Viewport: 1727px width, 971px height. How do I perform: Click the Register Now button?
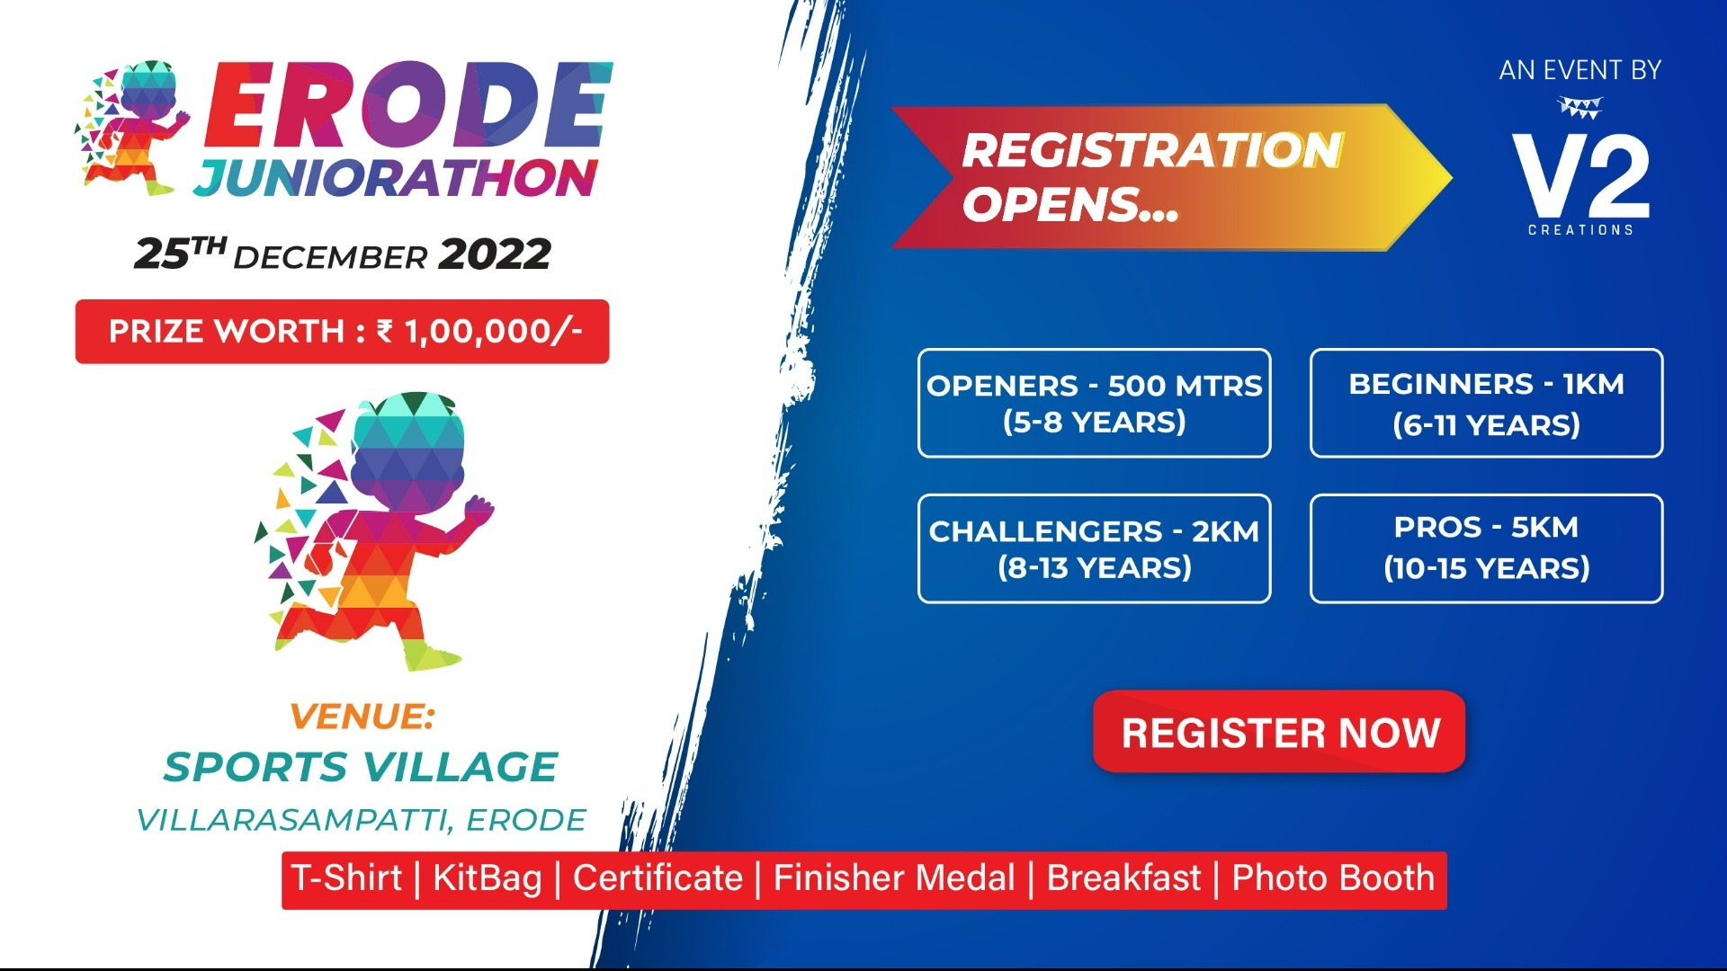click(1279, 732)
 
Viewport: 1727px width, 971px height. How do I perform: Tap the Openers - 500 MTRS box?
click(1094, 403)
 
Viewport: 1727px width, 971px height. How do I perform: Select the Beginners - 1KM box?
click(1486, 403)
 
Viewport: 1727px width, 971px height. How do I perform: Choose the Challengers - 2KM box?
click(1094, 548)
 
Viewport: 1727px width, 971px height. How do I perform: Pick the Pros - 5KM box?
click(1486, 548)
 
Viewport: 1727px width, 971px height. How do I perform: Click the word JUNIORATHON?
click(396, 178)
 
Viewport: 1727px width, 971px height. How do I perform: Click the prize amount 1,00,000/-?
click(493, 332)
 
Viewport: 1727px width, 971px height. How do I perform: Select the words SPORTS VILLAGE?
click(361, 767)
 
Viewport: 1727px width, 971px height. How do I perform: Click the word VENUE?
click(362, 717)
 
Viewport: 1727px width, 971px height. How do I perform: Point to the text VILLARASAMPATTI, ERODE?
click(361, 820)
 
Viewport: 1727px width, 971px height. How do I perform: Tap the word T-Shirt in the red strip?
click(347, 877)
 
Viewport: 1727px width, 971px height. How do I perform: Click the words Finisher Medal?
click(894, 877)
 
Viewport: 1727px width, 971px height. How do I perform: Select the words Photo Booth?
click(1333, 877)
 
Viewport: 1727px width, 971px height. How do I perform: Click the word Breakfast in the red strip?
click(1123, 877)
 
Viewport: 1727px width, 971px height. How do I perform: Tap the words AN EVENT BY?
click(1579, 70)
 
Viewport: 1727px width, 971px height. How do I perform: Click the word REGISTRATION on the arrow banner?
click(1152, 150)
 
